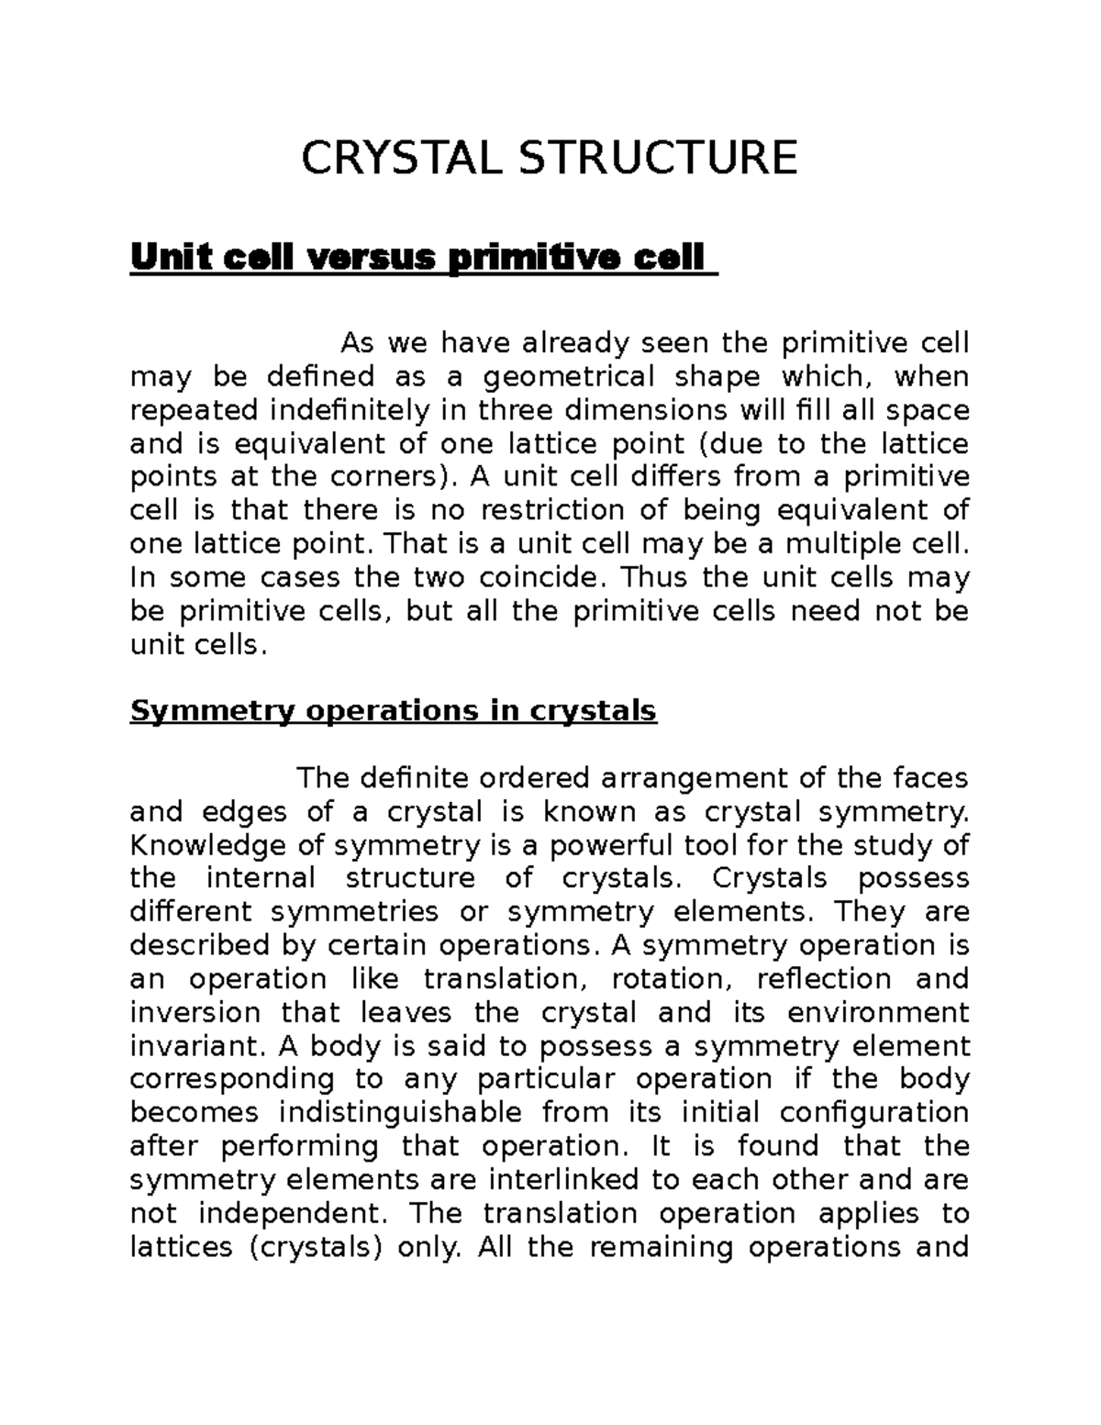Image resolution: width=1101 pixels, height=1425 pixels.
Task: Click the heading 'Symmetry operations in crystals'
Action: (393, 711)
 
